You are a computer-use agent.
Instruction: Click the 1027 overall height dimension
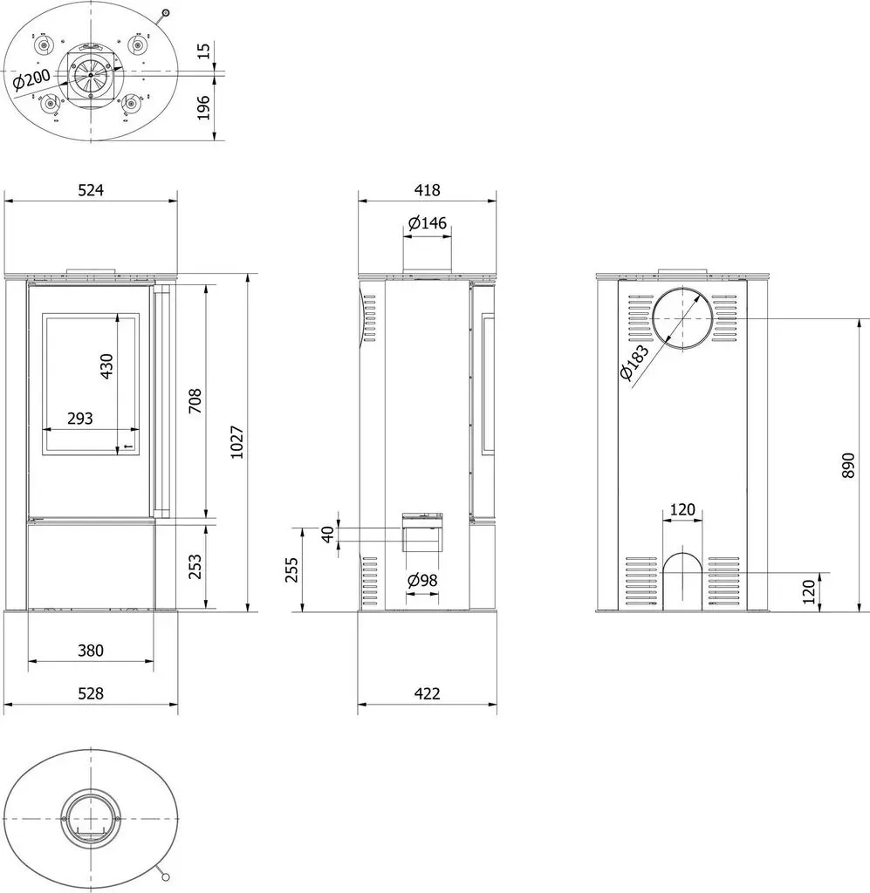coord(237,442)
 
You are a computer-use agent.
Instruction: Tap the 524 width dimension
coord(91,189)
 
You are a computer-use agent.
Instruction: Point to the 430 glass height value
coord(106,366)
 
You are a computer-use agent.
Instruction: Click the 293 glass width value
coord(79,419)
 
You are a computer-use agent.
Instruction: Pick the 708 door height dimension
coord(195,400)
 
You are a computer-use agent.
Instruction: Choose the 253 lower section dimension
coord(195,567)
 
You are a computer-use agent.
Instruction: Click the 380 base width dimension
coord(91,651)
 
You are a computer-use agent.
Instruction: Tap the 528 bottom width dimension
coord(91,693)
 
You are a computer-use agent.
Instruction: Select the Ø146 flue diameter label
coord(428,222)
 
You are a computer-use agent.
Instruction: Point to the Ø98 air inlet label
coord(422,580)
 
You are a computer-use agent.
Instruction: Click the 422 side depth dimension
coord(428,693)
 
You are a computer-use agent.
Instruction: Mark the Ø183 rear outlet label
coord(634,362)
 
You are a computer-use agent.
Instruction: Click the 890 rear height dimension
coord(848,466)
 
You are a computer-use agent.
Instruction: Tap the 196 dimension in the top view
coord(203,107)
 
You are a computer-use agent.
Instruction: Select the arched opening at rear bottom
coord(682,582)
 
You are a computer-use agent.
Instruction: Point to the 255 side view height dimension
coord(291,570)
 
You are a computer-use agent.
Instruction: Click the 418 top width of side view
coord(428,189)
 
